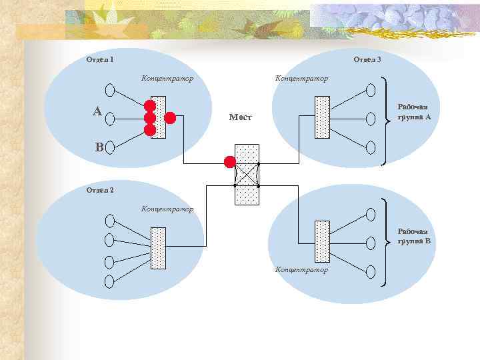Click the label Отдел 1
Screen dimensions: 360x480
pyautogui.click(x=99, y=59)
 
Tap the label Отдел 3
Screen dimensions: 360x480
pyautogui.click(x=367, y=59)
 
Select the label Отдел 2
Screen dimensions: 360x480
pyautogui.click(x=100, y=190)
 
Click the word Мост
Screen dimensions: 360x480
pyautogui.click(x=239, y=117)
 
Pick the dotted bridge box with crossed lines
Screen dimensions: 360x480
pyautogui.click(x=246, y=174)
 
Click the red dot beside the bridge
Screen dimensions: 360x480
pyautogui.click(x=230, y=161)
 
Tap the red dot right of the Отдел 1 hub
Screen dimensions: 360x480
pyautogui.click(x=170, y=118)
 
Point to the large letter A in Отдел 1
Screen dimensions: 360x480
pyautogui.click(x=97, y=111)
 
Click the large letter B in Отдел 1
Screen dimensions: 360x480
pyautogui.click(x=99, y=147)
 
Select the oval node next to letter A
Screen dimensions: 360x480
pyautogui.click(x=110, y=118)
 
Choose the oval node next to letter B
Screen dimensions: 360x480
pyautogui.click(x=110, y=147)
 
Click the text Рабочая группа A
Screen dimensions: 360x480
pyautogui.click(x=413, y=111)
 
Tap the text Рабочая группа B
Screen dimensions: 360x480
pyautogui.click(x=413, y=236)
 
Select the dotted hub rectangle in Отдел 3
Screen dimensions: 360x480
pyautogui.click(x=322, y=117)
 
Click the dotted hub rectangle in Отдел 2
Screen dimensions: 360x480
pyautogui.click(x=158, y=247)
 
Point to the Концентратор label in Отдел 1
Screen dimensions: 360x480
pyautogui.click(x=167, y=79)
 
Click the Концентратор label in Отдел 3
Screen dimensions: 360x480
pyautogui.click(x=301, y=79)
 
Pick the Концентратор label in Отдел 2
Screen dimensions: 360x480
pyautogui.click(x=167, y=209)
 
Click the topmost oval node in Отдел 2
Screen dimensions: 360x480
pyautogui.click(x=110, y=219)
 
